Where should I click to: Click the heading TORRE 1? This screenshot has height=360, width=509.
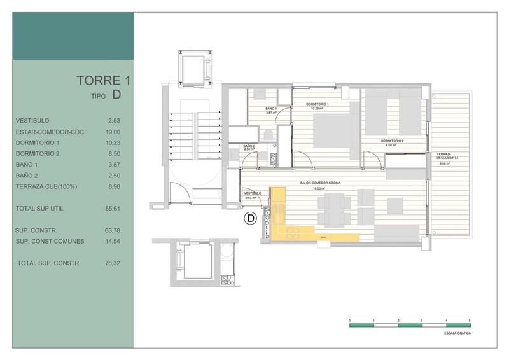(x=104, y=80)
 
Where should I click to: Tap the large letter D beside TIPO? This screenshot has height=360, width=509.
(x=116, y=95)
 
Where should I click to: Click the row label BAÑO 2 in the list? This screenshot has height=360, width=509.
(x=27, y=176)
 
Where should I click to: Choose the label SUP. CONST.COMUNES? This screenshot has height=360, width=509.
(x=48, y=241)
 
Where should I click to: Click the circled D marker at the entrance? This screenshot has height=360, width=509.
(x=251, y=219)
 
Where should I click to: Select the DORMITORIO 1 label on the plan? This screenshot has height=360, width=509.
(x=317, y=104)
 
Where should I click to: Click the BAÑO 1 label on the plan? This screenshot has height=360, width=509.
(x=271, y=109)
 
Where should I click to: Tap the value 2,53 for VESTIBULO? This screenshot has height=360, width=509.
(x=114, y=120)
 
